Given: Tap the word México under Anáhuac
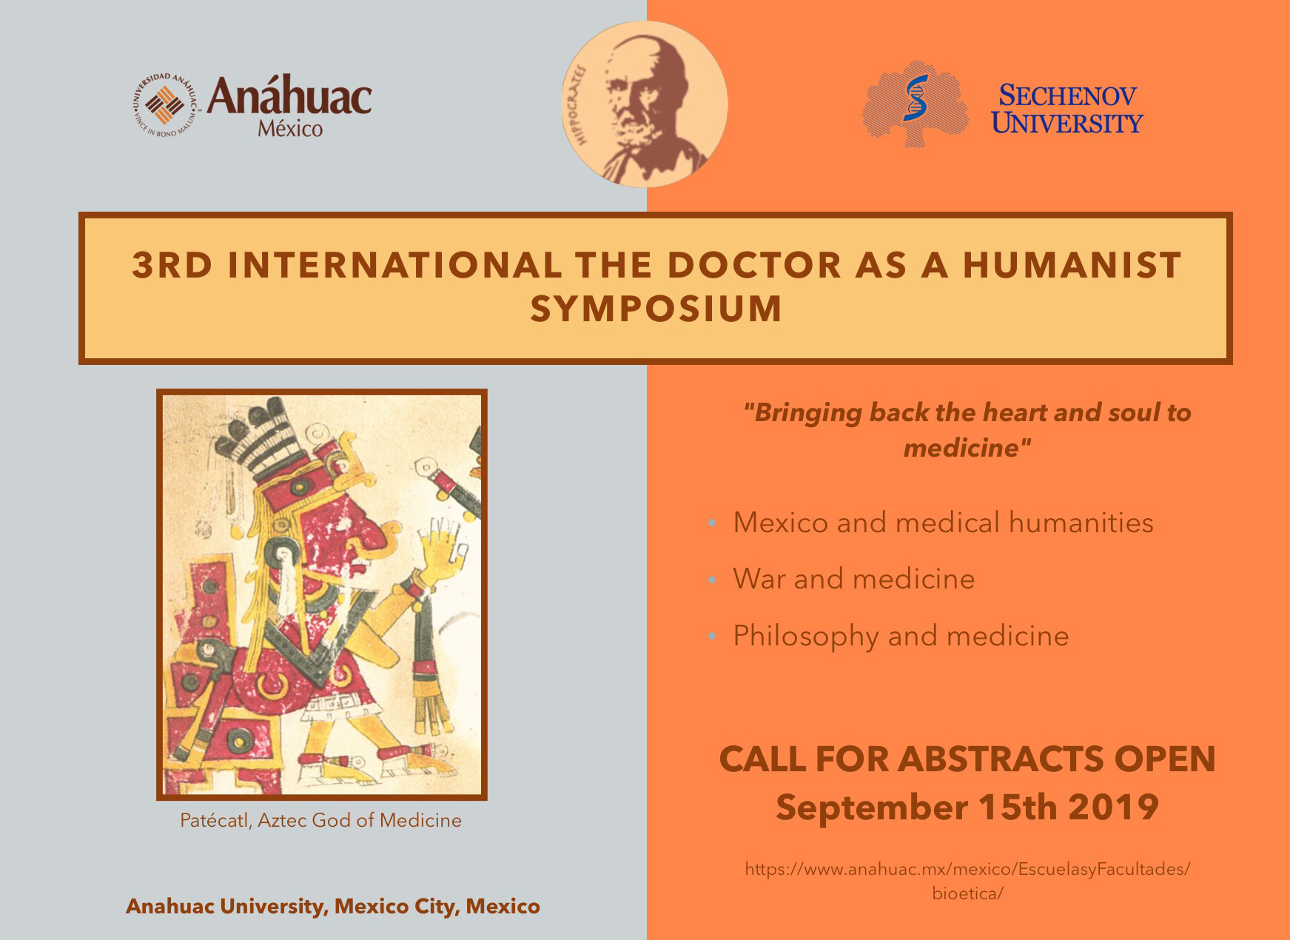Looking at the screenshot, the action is (290, 129).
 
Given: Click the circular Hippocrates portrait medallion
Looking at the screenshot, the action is (645, 104).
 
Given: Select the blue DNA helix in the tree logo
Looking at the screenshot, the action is (916, 97).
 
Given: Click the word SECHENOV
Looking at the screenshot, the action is (1068, 95).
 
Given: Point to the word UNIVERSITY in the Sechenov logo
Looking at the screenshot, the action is (1067, 122).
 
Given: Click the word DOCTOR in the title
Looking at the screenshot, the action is (754, 265).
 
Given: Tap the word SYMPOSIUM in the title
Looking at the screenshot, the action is (656, 309).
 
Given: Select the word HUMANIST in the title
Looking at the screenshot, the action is (1072, 265).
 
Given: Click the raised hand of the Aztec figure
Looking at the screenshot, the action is (439, 545).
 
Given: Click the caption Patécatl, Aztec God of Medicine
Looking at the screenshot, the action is (320, 820).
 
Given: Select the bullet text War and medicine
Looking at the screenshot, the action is (853, 579).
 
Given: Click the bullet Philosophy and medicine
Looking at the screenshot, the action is (901, 636).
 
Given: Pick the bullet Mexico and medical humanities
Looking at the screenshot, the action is (943, 523).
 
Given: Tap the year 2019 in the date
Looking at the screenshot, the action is (1114, 806).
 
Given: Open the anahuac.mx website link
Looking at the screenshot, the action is (967, 881).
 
